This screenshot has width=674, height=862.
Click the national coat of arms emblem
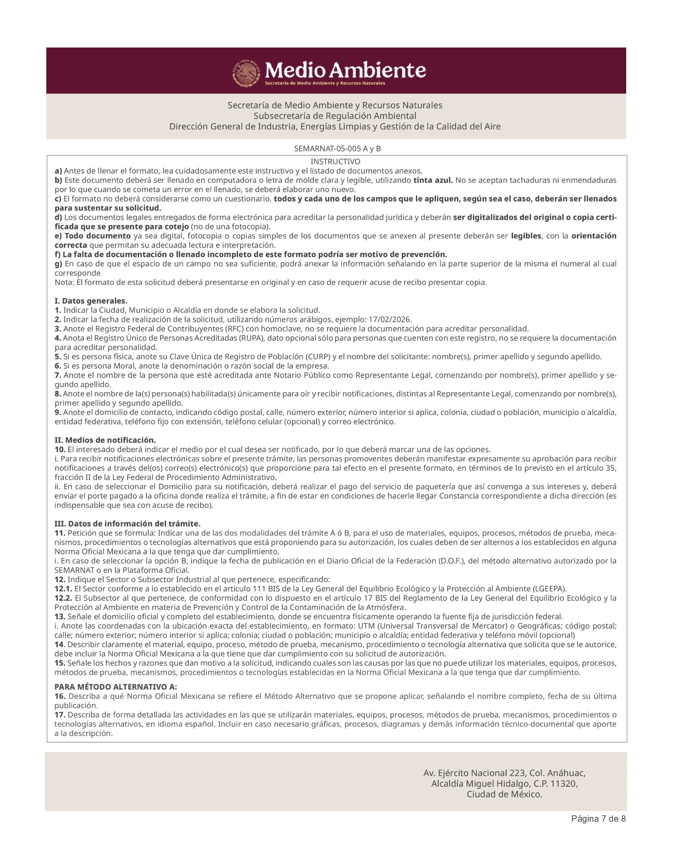tap(247, 73)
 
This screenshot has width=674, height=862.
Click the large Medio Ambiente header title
tap(345, 70)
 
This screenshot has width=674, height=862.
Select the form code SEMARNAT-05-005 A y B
tap(337, 149)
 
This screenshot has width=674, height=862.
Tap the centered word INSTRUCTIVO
tap(335, 162)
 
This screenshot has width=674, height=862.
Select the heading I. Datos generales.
tap(91, 301)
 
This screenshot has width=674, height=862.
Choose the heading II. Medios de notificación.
tap(105, 440)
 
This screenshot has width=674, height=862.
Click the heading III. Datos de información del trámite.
tap(127, 524)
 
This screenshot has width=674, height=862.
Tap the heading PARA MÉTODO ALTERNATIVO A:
tap(116, 687)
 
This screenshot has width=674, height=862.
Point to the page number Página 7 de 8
tap(598, 819)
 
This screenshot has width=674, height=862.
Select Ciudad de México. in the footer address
tap(504, 795)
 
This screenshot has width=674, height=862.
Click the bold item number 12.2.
tap(63, 598)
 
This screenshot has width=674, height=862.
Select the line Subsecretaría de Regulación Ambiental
tap(335, 116)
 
